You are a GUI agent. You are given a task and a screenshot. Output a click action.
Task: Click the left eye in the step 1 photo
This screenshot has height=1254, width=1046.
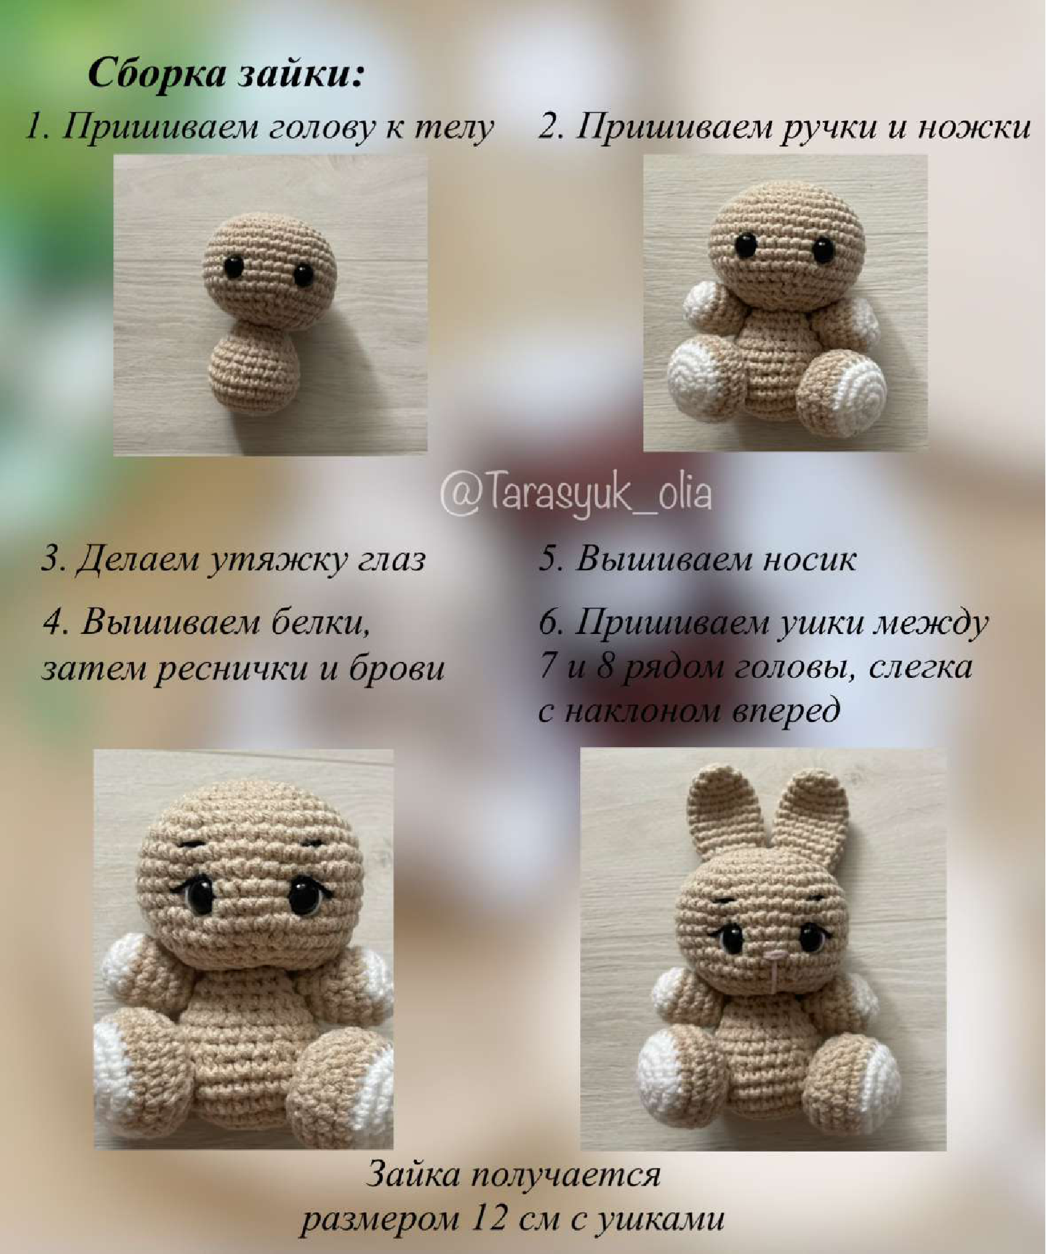[233, 268]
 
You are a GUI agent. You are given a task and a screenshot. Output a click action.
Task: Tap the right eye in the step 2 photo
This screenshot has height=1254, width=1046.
[823, 250]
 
